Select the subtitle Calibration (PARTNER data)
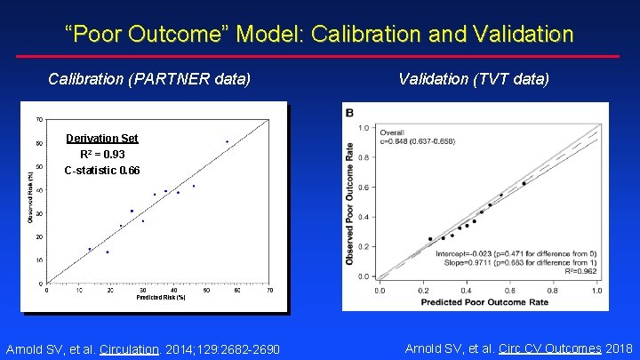click(x=149, y=79)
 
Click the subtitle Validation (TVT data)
click(x=474, y=79)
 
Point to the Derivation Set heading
click(x=102, y=138)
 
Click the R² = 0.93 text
click(x=102, y=154)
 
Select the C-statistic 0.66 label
click(x=102, y=170)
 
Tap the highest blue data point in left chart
click(x=227, y=141)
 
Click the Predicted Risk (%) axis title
click(x=160, y=298)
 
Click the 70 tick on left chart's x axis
click(x=269, y=290)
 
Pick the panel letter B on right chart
click(x=349, y=113)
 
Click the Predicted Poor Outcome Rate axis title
click(x=485, y=302)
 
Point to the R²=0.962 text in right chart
click(x=581, y=271)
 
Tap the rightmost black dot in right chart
click(x=524, y=183)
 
